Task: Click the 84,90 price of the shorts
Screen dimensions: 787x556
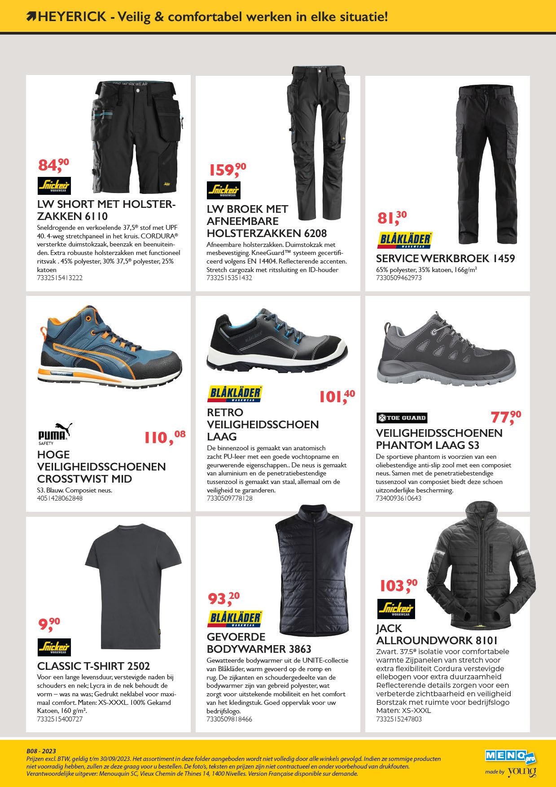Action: coord(53,165)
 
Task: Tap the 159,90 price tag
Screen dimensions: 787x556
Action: coord(228,170)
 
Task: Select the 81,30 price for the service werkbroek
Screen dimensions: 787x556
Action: coord(392,218)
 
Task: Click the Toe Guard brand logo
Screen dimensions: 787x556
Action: coord(401,418)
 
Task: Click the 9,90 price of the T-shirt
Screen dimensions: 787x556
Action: coord(49,624)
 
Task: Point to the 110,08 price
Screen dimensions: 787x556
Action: coord(164,436)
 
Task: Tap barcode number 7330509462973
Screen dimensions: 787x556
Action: coord(399,278)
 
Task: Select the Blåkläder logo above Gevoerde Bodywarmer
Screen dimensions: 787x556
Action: coord(235,618)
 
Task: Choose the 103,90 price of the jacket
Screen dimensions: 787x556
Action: coord(398,585)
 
